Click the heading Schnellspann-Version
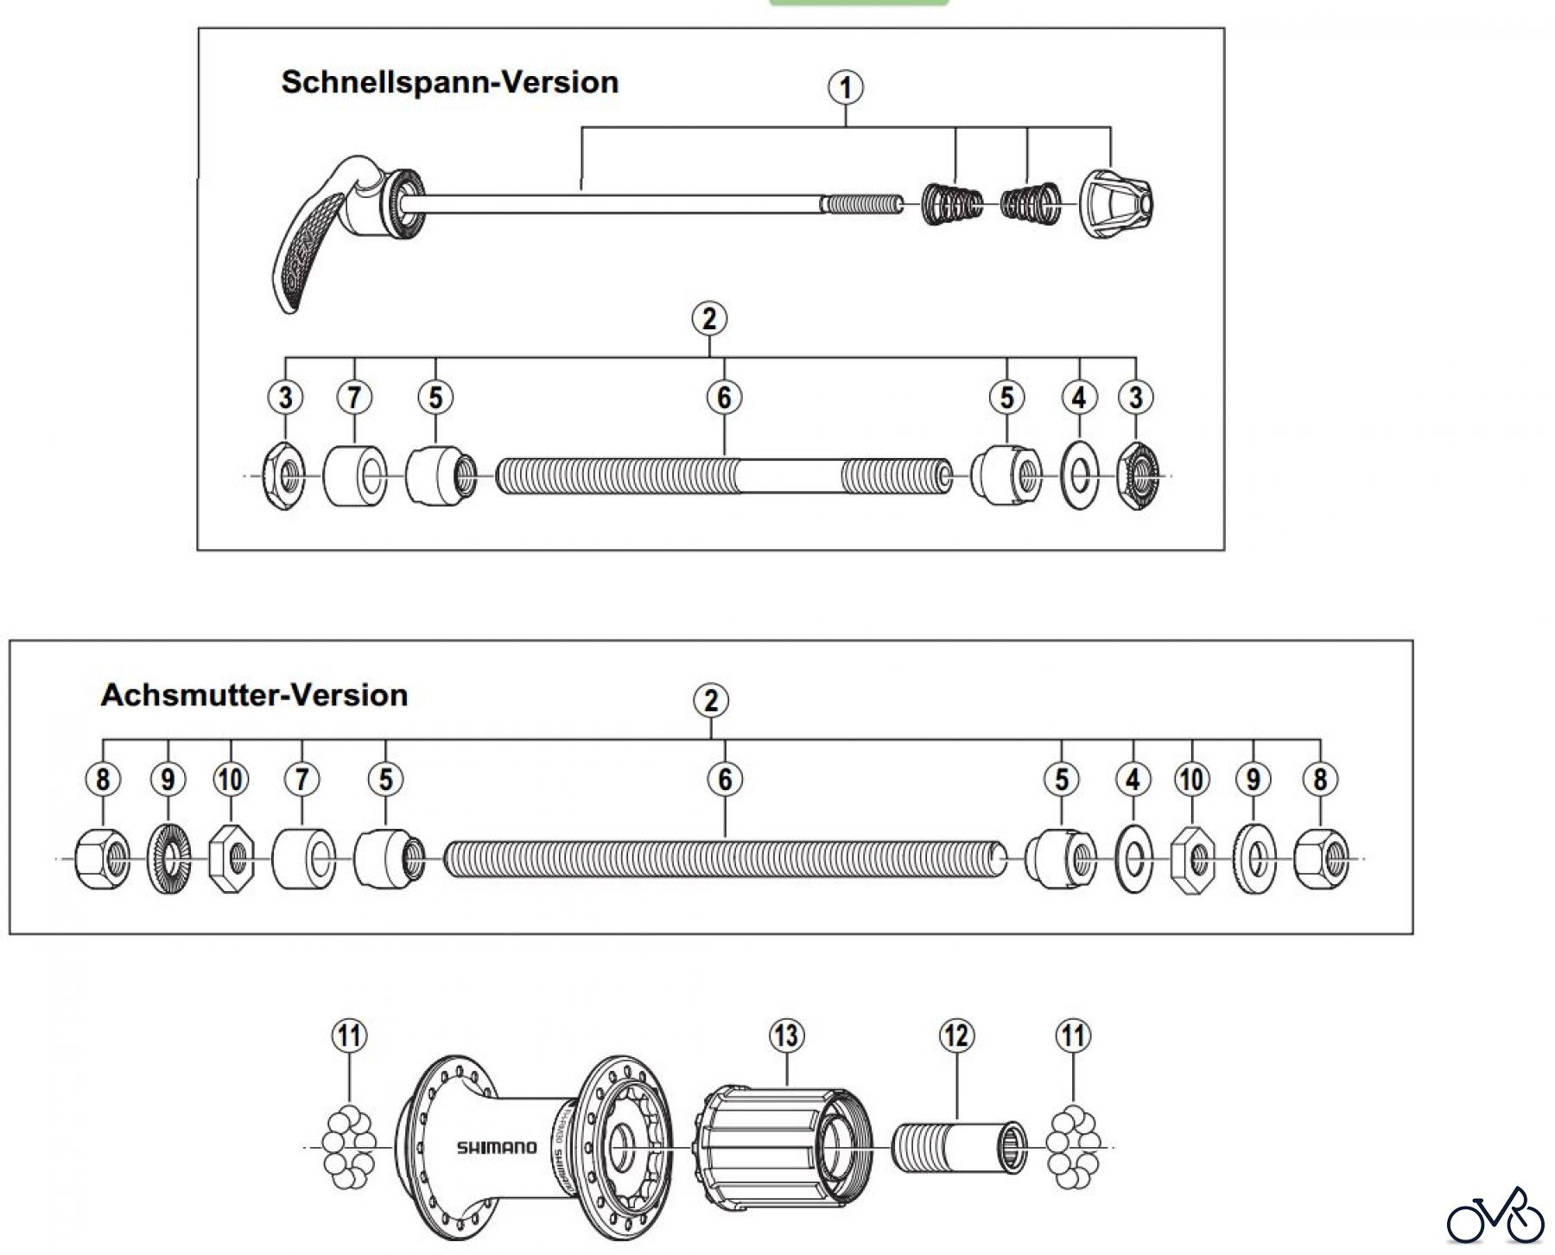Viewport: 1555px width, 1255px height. coord(450,83)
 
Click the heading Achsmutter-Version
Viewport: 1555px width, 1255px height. coord(254,695)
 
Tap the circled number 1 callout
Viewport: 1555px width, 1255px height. coord(846,87)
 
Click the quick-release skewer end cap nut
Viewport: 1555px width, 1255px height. coord(1116,205)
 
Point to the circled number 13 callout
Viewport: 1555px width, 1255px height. coord(787,1035)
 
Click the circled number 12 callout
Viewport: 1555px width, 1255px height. coord(956,1035)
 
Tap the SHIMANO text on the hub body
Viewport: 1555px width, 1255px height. coord(496,1148)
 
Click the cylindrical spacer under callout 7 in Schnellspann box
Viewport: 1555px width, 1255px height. coord(355,475)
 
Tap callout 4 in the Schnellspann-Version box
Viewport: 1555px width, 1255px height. coord(1079,398)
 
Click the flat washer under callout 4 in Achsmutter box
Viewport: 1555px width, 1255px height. coord(1133,858)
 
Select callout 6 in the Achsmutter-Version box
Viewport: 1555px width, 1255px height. coord(725,780)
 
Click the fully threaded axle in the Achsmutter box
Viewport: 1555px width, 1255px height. coord(725,858)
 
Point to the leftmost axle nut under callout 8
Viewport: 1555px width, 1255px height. coord(103,858)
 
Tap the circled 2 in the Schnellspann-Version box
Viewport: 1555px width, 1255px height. coord(709,319)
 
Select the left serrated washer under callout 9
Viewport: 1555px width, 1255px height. coord(168,858)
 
